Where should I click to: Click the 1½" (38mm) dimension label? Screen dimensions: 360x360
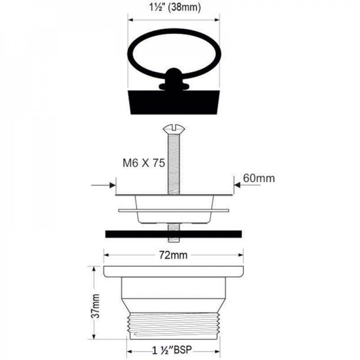click(x=175, y=7)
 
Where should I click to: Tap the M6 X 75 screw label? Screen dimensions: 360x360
click(x=144, y=163)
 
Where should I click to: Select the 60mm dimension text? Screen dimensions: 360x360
click(x=259, y=178)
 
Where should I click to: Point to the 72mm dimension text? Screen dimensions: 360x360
click(x=174, y=255)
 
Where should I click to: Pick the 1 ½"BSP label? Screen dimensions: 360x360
click(x=172, y=350)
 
